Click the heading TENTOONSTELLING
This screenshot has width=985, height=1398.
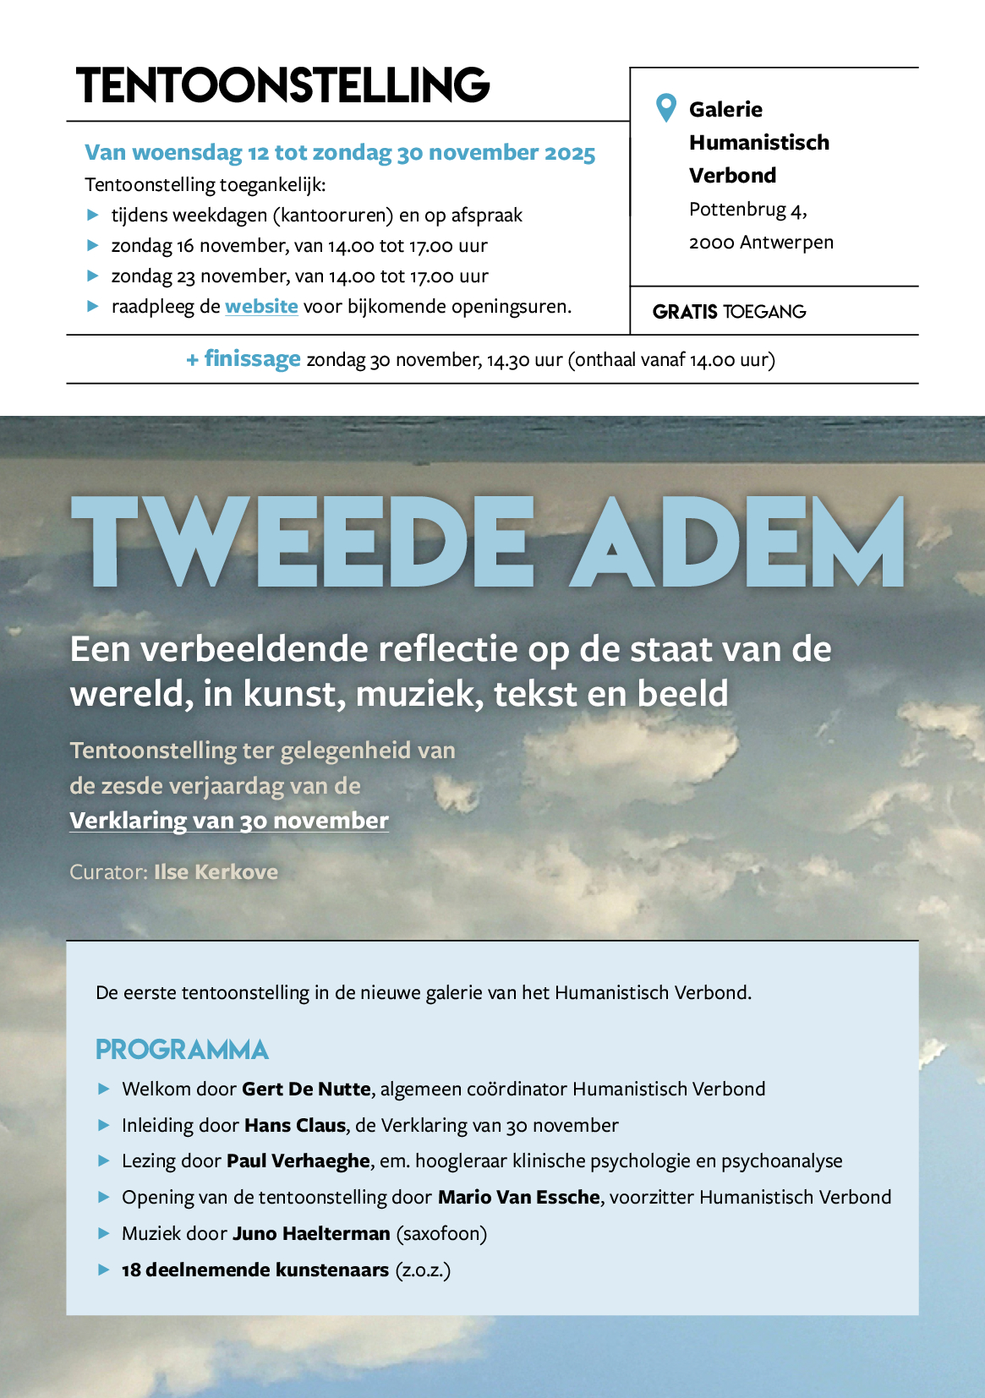coord(282,85)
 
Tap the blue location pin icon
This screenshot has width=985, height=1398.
coord(666,107)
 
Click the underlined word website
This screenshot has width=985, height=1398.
coord(261,307)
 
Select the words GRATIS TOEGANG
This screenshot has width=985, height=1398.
coord(729,312)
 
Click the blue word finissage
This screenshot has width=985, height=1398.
coord(252,359)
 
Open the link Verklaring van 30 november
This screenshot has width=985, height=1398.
coord(229,821)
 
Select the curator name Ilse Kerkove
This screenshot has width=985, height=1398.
coord(216,872)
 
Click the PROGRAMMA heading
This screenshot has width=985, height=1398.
coord(182,1050)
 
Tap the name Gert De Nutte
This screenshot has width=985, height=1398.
coord(306,1089)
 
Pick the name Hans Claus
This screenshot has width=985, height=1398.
coord(295,1126)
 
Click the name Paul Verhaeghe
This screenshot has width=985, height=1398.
coord(298,1161)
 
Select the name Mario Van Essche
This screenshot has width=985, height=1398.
coord(518,1198)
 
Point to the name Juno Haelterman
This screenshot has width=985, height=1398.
coord(311,1234)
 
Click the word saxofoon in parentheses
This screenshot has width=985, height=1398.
coord(441,1234)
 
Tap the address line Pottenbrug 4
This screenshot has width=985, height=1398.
coord(747,210)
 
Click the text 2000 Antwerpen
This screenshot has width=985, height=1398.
coord(761,243)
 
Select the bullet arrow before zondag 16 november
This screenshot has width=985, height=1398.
coord(94,246)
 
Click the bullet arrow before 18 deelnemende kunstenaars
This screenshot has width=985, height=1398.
coord(104,1270)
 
